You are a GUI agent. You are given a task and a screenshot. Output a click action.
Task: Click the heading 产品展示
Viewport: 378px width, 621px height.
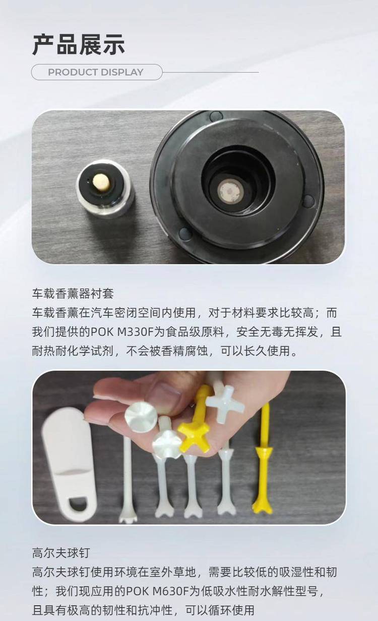pos(79,45)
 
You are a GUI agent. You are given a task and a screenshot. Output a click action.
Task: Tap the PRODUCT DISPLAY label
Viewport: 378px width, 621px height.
pos(96,72)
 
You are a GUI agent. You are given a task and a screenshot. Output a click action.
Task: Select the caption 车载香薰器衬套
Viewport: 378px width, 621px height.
pos(73,293)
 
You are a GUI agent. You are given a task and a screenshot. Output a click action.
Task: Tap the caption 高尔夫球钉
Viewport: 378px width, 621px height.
pos(61,553)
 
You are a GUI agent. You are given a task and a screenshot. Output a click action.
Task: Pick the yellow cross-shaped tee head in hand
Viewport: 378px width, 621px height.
pos(194,437)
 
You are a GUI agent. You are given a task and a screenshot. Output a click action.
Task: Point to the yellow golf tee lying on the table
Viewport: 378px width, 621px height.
pos(263,459)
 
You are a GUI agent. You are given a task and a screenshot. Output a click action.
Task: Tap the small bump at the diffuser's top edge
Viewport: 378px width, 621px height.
pos(216,116)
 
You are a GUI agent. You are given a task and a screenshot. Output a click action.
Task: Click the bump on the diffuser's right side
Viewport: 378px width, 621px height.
pos(308,201)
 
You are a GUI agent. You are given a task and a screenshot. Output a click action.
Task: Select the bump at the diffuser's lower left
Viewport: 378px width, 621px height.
pos(185,234)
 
